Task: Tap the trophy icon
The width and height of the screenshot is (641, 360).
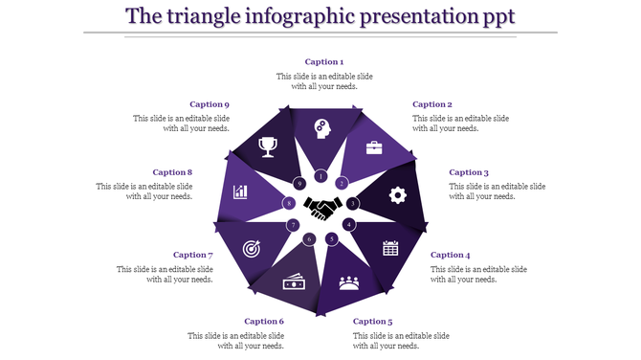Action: point(269,146)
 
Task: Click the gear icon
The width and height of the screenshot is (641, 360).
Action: point(397,194)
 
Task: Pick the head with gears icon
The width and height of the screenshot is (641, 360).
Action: point(322,128)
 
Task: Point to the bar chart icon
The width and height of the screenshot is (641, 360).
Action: point(240,191)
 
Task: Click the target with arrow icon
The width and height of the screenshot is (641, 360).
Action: point(252,248)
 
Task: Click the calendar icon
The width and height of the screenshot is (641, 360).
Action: point(390,248)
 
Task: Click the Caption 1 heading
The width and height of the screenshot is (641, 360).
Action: point(324,62)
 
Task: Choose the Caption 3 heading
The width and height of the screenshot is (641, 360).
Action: point(469,173)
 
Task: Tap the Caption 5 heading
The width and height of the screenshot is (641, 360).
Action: point(372,322)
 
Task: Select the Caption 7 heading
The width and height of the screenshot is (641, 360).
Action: point(192,256)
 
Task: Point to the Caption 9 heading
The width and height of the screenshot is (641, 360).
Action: point(209,104)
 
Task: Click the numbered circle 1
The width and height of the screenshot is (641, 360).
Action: point(321,176)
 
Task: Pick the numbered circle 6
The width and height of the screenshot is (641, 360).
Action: point(308,238)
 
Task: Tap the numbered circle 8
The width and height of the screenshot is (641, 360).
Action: point(288,203)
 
